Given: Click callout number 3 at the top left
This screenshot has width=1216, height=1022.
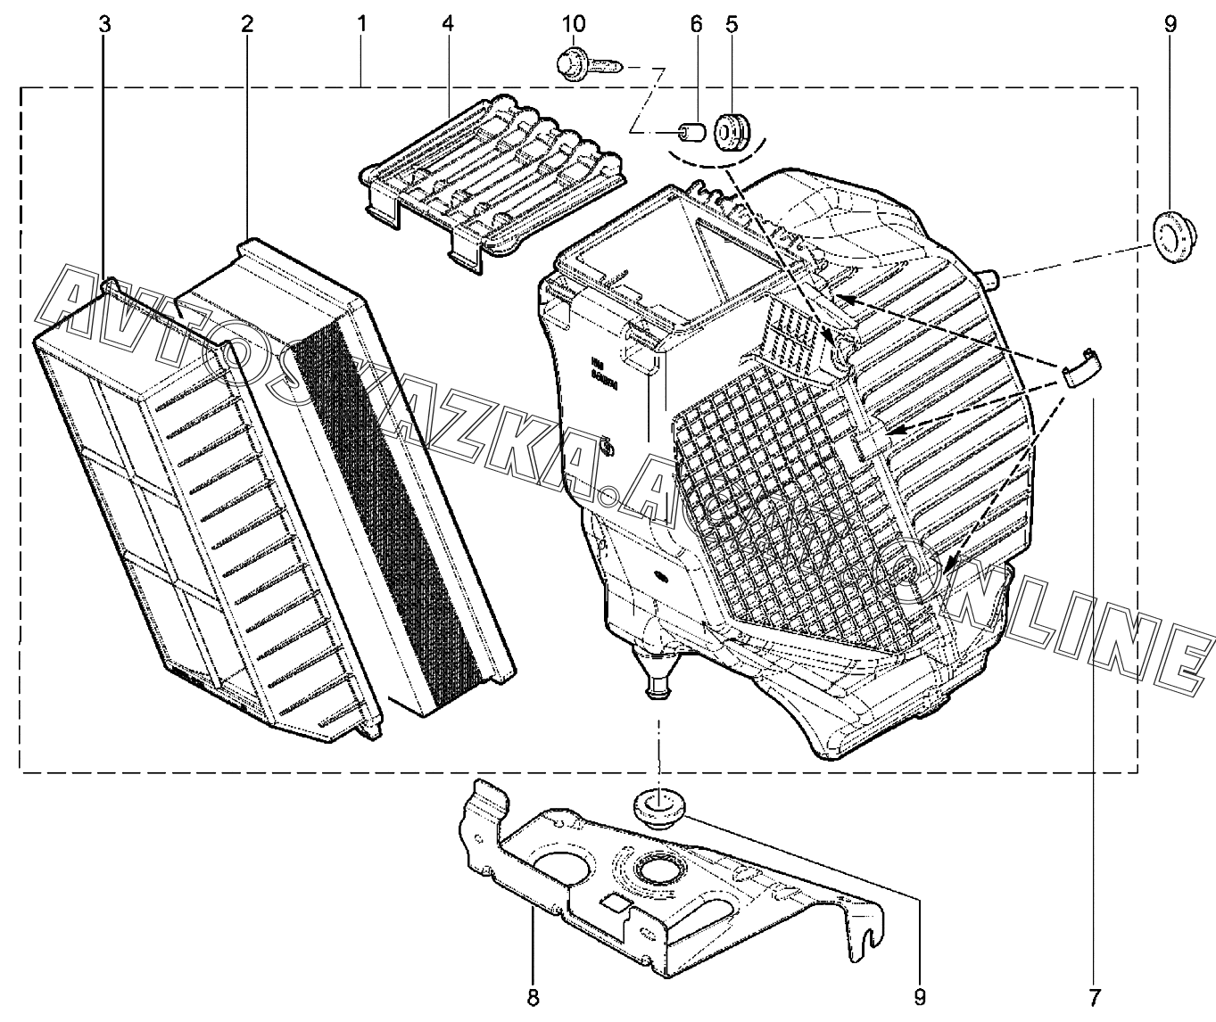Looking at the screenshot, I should pyautogui.click(x=104, y=24).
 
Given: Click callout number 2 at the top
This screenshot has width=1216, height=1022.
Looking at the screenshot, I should pyautogui.click(x=246, y=24).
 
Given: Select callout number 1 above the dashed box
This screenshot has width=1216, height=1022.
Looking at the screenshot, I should pyautogui.click(x=360, y=24).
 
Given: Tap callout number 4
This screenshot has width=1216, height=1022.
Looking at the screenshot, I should pyautogui.click(x=447, y=24).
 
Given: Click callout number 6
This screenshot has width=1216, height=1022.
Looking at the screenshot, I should pyautogui.click(x=696, y=24).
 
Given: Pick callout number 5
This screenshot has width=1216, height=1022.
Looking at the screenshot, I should pyautogui.click(x=732, y=24).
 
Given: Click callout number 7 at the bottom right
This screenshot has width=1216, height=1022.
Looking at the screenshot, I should pyautogui.click(x=1094, y=996).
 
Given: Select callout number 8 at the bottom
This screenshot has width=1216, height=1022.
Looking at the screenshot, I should pyautogui.click(x=534, y=996).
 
